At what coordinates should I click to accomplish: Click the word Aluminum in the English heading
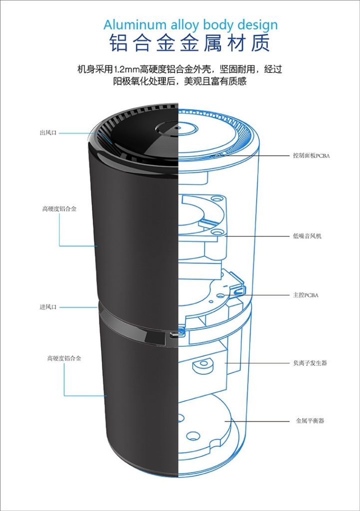[x=135, y=25]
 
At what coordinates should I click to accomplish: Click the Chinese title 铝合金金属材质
[x=190, y=43]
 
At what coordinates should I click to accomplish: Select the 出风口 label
[x=48, y=133]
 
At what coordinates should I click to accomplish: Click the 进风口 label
[x=48, y=307]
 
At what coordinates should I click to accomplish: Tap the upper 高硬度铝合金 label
[x=59, y=209]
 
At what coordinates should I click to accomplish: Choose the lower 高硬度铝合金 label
[x=64, y=358]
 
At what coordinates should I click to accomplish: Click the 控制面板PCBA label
[x=312, y=156]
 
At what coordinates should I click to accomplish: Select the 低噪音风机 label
[x=307, y=236]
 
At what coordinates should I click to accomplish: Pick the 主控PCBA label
[x=306, y=295]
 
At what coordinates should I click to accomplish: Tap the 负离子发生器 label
[x=310, y=363]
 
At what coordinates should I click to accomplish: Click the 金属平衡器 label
[x=310, y=421]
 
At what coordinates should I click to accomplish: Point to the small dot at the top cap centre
[x=178, y=127]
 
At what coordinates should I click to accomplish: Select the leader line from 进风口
[x=78, y=307]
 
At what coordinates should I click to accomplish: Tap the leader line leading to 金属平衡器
[x=257, y=421]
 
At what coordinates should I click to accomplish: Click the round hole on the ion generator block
[x=204, y=363]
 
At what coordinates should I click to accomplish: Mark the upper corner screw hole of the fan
[x=216, y=199]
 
